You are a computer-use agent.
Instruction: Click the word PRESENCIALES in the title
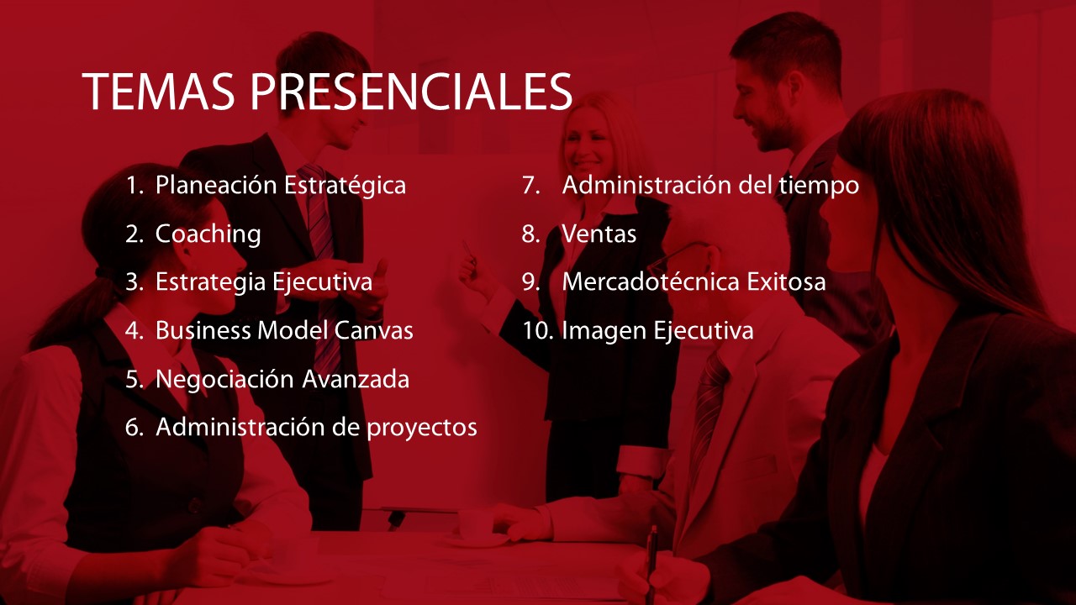tap(411, 92)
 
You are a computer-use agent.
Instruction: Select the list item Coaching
tap(208, 234)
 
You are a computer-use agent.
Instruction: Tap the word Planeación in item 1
tap(216, 185)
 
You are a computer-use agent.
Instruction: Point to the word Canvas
tap(374, 330)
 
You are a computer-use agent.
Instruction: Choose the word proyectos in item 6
tap(422, 429)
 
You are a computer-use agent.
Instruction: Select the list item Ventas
tap(599, 234)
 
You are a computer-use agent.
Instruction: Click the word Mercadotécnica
tap(651, 281)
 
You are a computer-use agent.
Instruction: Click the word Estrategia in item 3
tap(210, 281)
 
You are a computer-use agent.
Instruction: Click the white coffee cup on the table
tap(479, 527)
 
